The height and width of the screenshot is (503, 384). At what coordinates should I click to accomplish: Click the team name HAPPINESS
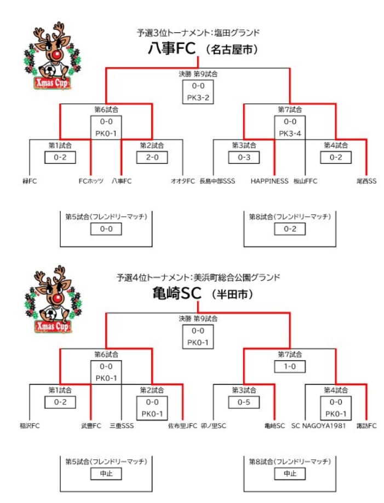point(270,181)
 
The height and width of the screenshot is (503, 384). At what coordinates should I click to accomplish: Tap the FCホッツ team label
point(91,181)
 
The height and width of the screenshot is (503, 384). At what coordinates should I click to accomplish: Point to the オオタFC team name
point(183,181)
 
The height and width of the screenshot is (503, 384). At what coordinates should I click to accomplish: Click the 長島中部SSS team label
point(217,181)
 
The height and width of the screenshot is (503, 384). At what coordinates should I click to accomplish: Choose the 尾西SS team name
point(365,181)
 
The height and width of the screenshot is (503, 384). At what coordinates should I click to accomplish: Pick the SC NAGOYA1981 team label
point(319,425)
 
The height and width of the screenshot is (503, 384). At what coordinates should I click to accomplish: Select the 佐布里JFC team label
point(182,425)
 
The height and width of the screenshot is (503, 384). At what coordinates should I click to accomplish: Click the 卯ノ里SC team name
point(214,425)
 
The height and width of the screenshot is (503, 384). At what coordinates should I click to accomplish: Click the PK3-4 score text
point(290,133)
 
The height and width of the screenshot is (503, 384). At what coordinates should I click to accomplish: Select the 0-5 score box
point(244,402)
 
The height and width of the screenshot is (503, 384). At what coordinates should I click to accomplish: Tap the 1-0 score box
point(290,366)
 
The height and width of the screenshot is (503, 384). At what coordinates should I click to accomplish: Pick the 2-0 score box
point(152,157)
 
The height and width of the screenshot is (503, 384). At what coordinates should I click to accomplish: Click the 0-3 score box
point(244,157)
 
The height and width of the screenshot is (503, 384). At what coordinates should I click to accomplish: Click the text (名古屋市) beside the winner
point(232,50)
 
